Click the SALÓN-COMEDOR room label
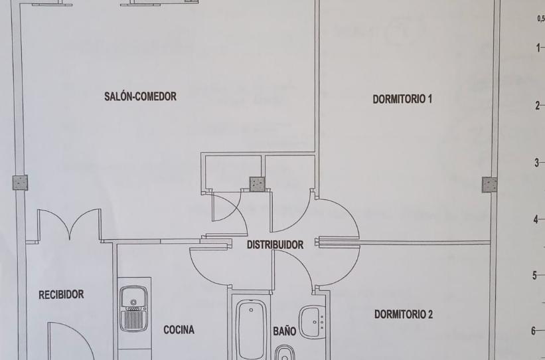(x=140, y=96)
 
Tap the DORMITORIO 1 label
(x=403, y=100)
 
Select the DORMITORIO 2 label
(x=403, y=314)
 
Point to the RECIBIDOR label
(x=61, y=295)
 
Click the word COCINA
(x=179, y=329)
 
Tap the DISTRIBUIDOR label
(x=275, y=244)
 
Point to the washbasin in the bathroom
(x=311, y=321)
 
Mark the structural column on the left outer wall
(x=19, y=183)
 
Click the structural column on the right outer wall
(x=489, y=185)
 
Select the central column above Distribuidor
(x=256, y=184)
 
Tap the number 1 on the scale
(x=536, y=48)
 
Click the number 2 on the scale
(x=536, y=106)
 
